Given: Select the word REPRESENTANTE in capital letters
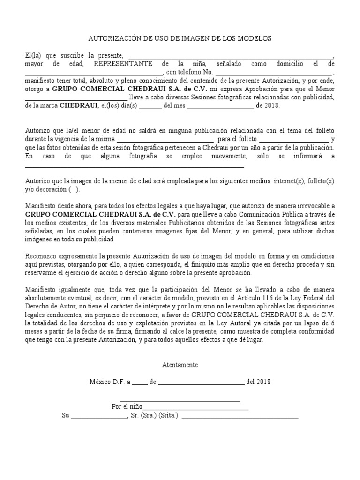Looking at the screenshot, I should click(x=123, y=64).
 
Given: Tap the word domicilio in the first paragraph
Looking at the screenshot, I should click(x=290, y=64).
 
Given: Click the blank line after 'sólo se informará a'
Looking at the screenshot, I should click(x=134, y=166).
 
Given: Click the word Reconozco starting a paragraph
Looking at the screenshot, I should click(x=40, y=256).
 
